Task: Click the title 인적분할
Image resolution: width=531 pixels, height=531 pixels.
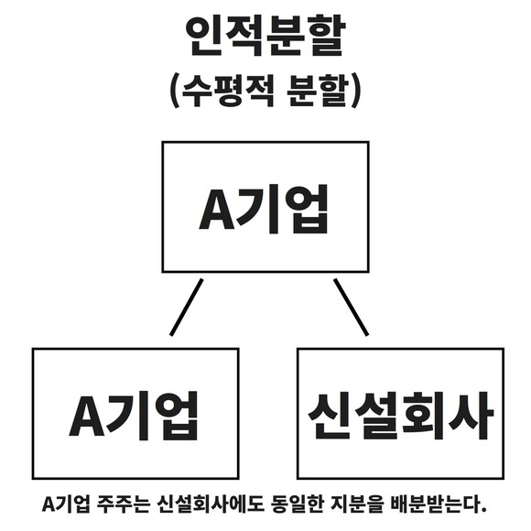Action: click(x=265, y=37)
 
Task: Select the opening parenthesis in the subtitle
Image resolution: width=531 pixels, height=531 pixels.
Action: click(x=175, y=90)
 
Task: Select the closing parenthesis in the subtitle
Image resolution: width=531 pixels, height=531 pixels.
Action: click(x=356, y=90)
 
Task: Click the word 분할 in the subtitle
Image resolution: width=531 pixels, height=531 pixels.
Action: click(x=318, y=90)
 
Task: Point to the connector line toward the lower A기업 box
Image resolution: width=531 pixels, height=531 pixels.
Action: click(x=187, y=307)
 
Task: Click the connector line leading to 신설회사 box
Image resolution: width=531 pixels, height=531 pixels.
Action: click(x=351, y=307)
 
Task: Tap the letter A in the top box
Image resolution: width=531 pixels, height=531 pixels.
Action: click(x=216, y=210)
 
